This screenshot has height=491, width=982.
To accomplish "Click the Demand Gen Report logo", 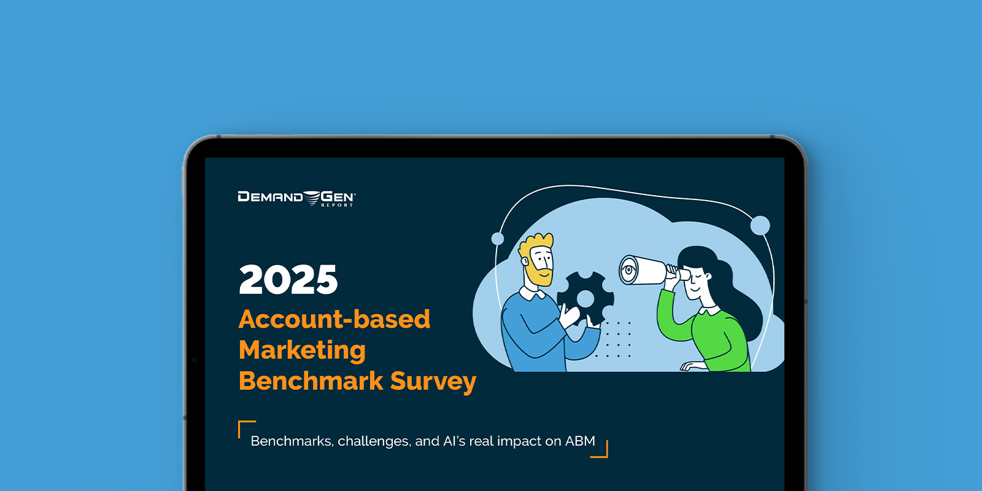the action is (x=297, y=199).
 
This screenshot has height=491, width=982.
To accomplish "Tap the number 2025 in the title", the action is (x=288, y=279).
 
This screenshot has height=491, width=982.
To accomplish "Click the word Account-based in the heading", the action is (x=334, y=319).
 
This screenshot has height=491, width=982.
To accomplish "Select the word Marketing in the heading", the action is (x=302, y=350).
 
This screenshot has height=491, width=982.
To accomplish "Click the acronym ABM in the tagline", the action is (x=580, y=441).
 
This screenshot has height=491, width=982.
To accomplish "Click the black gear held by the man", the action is (x=586, y=299).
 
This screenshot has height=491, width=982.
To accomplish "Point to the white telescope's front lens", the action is (x=628, y=270).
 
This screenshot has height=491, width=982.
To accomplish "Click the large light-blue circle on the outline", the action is (x=760, y=225).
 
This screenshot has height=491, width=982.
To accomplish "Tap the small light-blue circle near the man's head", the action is (x=498, y=239).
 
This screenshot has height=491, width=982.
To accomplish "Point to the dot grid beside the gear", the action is (x=613, y=339).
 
